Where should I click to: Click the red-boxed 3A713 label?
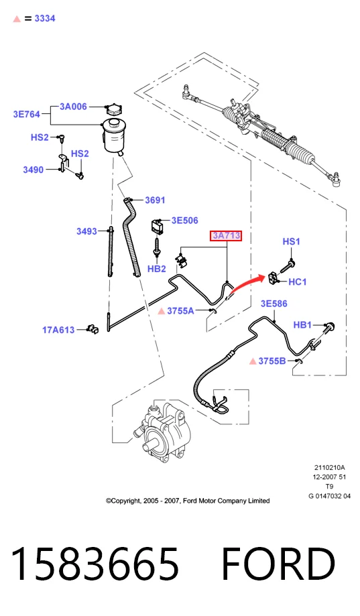click(x=226, y=236)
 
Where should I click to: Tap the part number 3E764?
click(x=27, y=115)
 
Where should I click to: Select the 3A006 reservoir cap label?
click(x=73, y=107)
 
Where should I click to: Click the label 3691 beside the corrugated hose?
click(x=155, y=200)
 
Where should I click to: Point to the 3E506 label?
click(x=185, y=221)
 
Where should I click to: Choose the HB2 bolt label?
click(x=156, y=269)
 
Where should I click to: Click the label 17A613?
click(x=58, y=330)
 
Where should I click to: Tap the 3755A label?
click(x=180, y=311)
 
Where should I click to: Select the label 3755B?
click(x=272, y=361)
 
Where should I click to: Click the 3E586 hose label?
click(x=274, y=304)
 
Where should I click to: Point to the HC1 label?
click(x=297, y=282)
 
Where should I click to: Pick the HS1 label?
click(x=291, y=241)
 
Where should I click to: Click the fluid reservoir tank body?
click(x=114, y=136)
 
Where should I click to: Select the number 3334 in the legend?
click(x=45, y=19)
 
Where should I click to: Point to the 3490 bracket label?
click(x=34, y=170)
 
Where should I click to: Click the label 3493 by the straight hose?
click(x=86, y=231)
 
